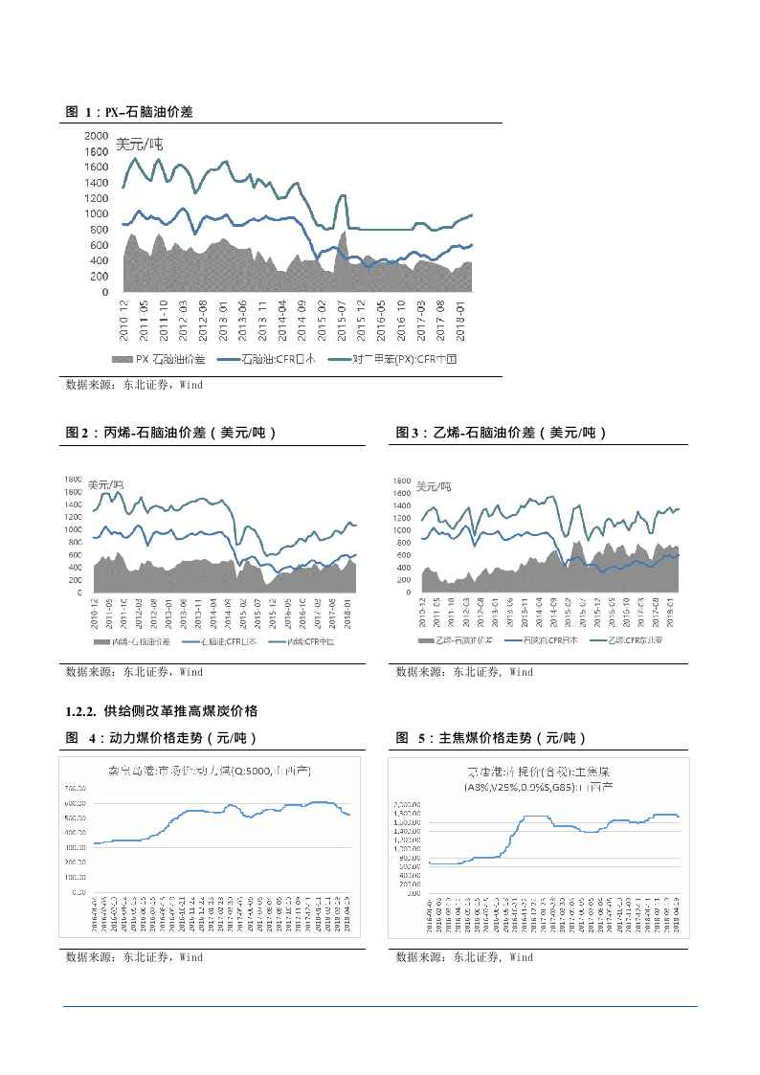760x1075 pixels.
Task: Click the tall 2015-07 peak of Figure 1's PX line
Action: [x=342, y=196]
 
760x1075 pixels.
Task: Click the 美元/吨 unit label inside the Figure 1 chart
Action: [x=140, y=145]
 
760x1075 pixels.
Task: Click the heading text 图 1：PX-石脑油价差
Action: [x=129, y=112]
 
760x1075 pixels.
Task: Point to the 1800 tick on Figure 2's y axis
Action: [x=74, y=479]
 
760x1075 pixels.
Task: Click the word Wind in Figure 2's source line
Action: [x=191, y=672]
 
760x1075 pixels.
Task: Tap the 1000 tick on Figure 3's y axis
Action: [x=402, y=530]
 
